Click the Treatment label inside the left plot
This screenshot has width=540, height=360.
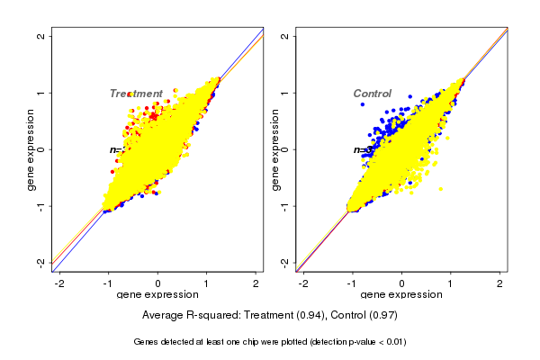(x=136, y=94)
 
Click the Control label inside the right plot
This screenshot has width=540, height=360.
(x=372, y=94)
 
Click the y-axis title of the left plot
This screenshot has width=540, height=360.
(x=31, y=149)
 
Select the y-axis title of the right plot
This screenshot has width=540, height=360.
(x=274, y=149)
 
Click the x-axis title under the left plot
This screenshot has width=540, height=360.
(x=157, y=295)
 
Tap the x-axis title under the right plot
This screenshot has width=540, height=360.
(x=401, y=295)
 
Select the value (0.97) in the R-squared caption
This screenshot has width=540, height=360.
(x=382, y=316)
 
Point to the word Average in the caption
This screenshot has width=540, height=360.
(x=163, y=316)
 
